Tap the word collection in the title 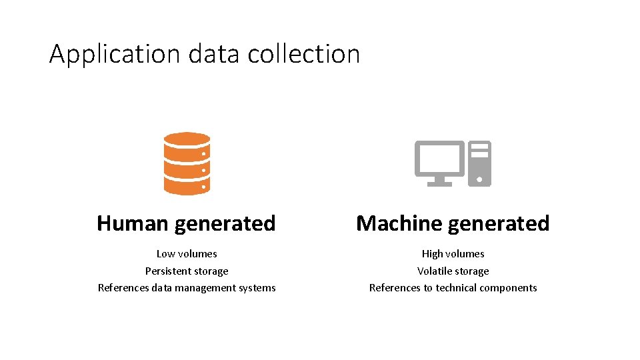[303, 54]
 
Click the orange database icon [187, 163]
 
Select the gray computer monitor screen [439, 159]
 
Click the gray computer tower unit [479, 163]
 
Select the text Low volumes [187, 254]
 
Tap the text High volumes [453, 254]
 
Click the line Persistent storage [187, 271]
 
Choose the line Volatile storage [453, 271]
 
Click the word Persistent [167, 271]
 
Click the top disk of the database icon [187, 141]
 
